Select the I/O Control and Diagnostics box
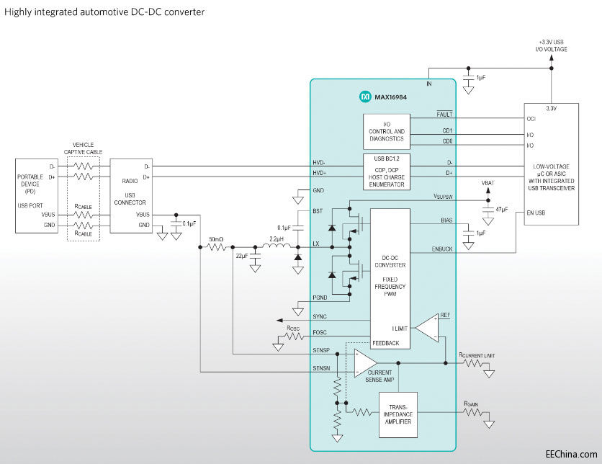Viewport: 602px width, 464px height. click(387, 132)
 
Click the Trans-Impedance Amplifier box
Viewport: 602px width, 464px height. click(397, 416)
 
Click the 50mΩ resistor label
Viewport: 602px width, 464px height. click(216, 238)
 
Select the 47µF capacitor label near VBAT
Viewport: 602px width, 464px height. click(501, 209)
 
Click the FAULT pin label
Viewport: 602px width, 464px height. click(444, 114)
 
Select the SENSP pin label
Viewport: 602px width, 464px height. click(322, 350)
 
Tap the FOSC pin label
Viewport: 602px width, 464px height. click(320, 333)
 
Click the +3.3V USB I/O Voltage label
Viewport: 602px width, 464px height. click(552, 45)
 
